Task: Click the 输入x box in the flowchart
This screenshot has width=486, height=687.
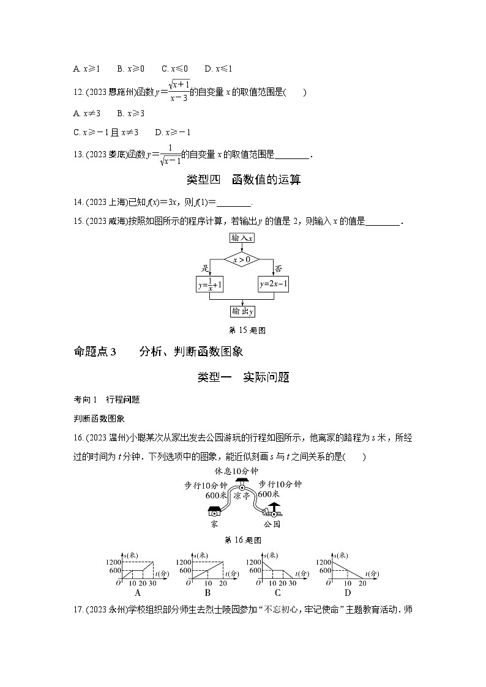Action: (243, 238)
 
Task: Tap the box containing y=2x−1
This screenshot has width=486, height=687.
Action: (273, 284)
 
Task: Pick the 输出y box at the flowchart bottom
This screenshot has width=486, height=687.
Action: (243, 312)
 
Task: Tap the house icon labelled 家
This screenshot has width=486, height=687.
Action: (214, 511)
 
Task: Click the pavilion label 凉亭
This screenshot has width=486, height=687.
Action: (242, 496)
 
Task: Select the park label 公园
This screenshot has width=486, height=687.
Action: (272, 524)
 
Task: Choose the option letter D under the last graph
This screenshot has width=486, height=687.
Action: (347, 592)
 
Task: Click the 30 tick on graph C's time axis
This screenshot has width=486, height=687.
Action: (292, 584)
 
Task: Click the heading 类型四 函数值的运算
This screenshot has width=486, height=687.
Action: (243, 180)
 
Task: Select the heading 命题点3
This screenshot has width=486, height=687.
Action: (94, 351)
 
